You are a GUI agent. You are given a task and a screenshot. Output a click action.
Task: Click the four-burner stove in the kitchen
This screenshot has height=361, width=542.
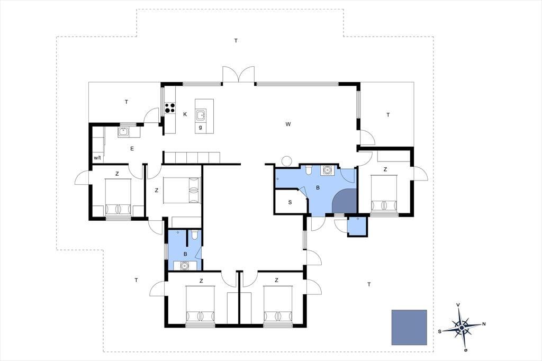coord(169,108)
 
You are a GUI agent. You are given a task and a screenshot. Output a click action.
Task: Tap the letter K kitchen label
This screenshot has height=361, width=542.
coord(185,114)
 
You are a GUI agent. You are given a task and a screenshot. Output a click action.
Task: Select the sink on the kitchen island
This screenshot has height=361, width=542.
coord(201,115)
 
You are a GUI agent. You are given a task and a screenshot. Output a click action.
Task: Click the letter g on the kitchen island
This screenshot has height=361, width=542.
coord(201,127)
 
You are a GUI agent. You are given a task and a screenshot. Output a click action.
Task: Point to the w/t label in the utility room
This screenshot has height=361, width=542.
coord(97,158)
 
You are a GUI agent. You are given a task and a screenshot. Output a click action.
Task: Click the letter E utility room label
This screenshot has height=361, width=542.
coord(132,149)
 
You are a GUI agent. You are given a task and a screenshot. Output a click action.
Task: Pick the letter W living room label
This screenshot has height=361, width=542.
coord(288,124)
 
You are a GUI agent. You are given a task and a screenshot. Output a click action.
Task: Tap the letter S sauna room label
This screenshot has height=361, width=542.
coord(290,202)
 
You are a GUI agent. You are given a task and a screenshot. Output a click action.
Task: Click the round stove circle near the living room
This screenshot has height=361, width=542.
coord(286,161)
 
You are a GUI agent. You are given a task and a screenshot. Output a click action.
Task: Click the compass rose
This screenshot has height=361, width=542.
coord(462,327)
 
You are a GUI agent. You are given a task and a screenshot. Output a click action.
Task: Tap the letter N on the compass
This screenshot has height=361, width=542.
coord(484,324)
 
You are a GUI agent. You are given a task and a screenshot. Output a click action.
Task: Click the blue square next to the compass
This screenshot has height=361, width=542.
coord(409,327)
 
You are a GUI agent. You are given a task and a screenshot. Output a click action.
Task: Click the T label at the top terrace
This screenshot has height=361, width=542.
coord(236,41)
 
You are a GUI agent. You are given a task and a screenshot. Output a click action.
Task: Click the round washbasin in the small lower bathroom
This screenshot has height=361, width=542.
coord(185,266)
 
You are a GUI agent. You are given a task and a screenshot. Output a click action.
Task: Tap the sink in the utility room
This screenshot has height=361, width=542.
coord(123,132)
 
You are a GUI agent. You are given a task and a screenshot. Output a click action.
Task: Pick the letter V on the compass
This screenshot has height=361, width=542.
coord(458,305)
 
